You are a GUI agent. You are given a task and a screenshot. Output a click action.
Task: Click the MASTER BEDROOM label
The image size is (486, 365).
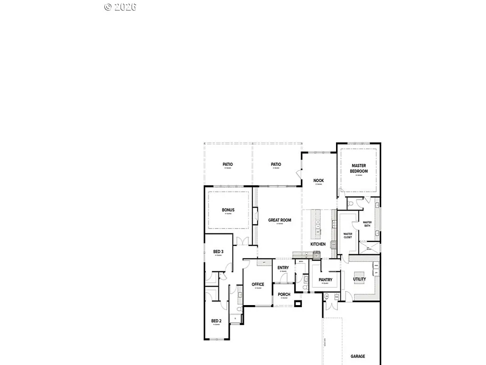(x=359, y=168)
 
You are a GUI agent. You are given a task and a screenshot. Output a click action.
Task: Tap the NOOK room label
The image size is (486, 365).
(x=318, y=181)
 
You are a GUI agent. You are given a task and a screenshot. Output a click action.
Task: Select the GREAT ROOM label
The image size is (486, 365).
(x=280, y=220)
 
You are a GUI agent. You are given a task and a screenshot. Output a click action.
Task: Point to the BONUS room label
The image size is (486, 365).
(x=228, y=210)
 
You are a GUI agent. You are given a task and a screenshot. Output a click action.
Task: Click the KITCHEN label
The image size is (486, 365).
(x=318, y=244)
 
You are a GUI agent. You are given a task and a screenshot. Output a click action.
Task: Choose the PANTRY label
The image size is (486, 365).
(x=325, y=279)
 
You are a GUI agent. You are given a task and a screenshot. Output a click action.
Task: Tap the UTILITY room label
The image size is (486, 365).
(x=359, y=279)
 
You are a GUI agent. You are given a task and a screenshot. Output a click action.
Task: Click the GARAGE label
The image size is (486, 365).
(x=358, y=356)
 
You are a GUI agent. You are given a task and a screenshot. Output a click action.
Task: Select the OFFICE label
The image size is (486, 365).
(x=258, y=284)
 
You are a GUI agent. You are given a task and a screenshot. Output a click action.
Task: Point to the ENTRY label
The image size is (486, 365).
(x=283, y=268)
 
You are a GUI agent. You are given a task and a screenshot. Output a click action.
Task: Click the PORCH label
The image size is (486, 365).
(x=284, y=294)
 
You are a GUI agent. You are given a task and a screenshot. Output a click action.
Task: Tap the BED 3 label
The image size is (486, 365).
(x=218, y=251)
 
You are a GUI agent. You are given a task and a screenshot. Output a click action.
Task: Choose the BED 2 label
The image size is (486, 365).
(x=216, y=321)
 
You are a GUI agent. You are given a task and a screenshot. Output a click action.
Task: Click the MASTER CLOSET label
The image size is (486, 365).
(x=348, y=235)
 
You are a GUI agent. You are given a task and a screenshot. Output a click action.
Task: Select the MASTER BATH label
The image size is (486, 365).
(x=367, y=224)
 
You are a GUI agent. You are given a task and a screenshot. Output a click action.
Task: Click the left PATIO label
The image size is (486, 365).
(x=228, y=164)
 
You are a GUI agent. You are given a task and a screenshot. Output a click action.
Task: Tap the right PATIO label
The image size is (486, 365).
(x=276, y=164)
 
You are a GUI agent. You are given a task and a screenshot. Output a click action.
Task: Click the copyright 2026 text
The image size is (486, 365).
(x=121, y=7)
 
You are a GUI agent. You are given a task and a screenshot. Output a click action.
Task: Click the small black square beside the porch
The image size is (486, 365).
(x=298, y=303)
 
